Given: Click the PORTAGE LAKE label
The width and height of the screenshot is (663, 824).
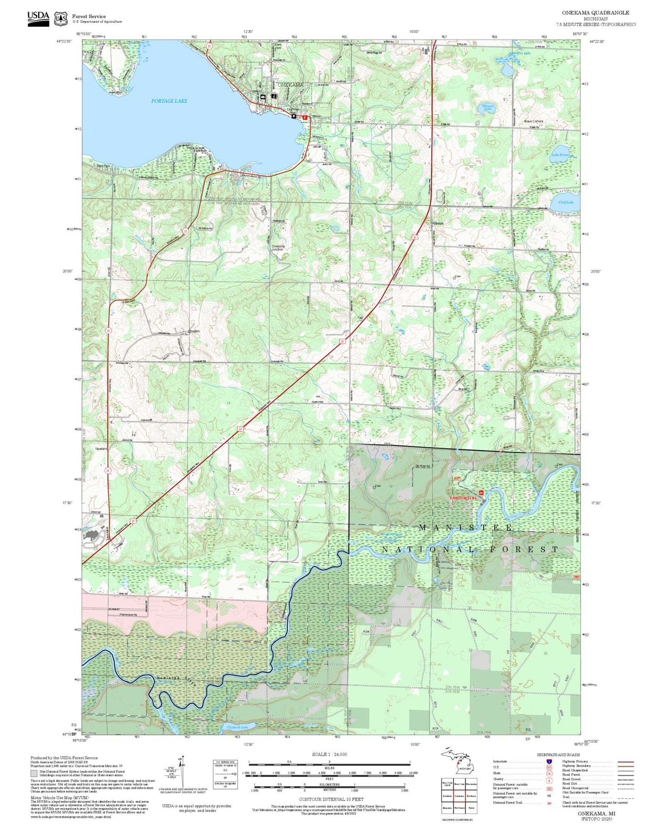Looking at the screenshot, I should click(169, 101).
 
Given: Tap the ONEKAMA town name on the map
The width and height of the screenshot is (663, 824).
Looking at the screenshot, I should click(290, 85).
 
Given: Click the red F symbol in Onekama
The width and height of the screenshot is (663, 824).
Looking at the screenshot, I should click(305, 118).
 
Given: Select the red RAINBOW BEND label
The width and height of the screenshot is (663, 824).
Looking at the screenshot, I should click(463, 498).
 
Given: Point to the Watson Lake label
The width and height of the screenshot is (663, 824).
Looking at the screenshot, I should click(487, 108).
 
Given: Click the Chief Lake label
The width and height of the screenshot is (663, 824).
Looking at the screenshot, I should click(566, 202).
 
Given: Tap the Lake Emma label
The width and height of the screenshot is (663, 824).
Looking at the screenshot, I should click(560, 155).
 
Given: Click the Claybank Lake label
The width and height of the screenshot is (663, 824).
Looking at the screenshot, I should click(237, 727).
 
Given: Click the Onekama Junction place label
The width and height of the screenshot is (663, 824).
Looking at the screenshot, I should click(278, 248).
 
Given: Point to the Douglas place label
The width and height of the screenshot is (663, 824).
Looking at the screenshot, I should click(194, 331).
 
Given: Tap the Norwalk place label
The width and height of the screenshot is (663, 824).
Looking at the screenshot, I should click(438, 223).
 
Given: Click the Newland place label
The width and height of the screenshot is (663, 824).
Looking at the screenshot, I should click(101, 449).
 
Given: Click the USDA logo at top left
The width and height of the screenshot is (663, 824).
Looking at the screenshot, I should click(38, 18).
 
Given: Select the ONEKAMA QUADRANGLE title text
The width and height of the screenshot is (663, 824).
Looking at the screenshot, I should click(596, 13).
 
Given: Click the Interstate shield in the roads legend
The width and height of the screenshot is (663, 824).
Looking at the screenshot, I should click(549, 762).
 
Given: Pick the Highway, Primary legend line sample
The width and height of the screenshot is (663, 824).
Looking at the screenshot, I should click(625, 762).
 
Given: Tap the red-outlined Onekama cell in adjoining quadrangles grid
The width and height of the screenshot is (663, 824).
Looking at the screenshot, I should click(459, 796).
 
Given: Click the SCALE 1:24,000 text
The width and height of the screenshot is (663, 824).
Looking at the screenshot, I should click(329, 754).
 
